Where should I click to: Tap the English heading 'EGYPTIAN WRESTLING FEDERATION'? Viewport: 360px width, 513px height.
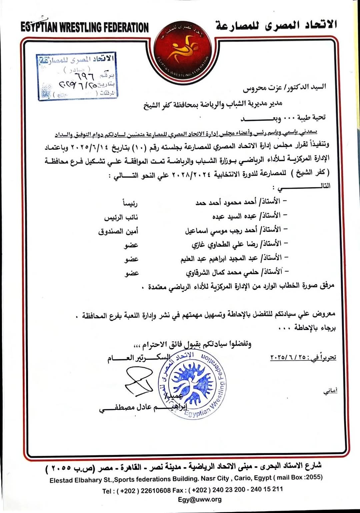[84, 27]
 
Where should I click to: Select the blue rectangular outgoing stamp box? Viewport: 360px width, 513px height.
[77, 76]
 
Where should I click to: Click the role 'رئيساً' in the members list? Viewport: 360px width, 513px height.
[130, 203]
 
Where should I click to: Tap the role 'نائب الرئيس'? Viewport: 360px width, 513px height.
[121, 218]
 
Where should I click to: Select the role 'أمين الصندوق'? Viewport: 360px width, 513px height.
[118, 231]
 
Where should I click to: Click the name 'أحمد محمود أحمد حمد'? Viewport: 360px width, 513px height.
[226, 202]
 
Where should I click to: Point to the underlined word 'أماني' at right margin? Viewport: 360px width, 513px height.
[330, 391]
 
